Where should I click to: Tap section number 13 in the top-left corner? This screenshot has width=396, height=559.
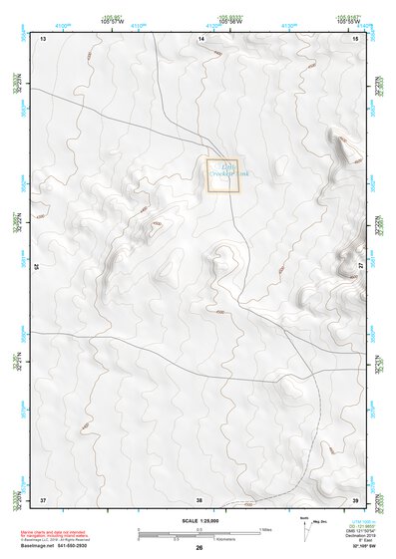tap(43, 38)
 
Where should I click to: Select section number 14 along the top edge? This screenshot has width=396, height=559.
tap(200, 38)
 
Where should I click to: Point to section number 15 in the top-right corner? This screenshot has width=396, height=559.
tap(356, 38)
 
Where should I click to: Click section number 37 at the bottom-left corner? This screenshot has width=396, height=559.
tap(43, 498)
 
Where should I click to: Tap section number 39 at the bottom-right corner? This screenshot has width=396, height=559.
tap(356, 498)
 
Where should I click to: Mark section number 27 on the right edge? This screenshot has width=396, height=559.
tap(360, 267)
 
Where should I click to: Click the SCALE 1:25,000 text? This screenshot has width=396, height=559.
tap(198, 520)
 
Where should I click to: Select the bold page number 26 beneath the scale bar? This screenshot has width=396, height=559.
tap(199, 547)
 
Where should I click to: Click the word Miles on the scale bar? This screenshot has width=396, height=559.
tap(266, 528)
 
